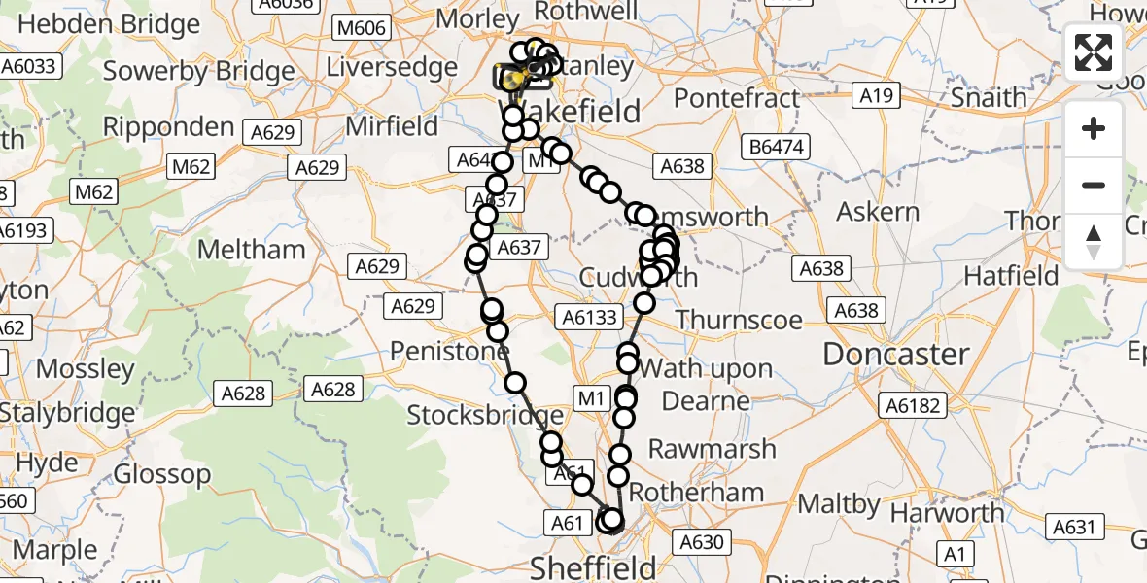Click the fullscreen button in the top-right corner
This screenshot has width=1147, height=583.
point(1094,52)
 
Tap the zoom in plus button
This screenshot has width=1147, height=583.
point(1094,129)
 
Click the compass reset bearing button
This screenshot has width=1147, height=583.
point(1094,241)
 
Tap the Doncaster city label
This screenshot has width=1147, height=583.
point(896,355)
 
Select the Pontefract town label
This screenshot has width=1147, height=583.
point(737,98)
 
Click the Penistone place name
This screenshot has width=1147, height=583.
point(448,351)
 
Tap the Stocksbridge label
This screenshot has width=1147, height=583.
point(473,416)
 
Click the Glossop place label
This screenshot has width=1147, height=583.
point(162,474)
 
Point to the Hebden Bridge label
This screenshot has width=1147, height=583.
point(108,24)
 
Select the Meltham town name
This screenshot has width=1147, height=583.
point(251,250)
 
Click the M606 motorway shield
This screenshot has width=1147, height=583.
point(362,28)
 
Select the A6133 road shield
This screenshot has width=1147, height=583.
point(589,316)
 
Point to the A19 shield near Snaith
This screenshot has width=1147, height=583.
point(876,95)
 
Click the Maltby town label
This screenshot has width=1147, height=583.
point(838,504)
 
